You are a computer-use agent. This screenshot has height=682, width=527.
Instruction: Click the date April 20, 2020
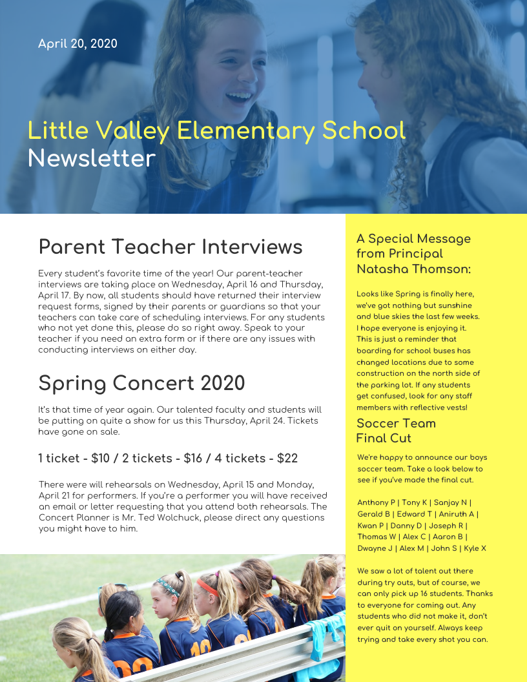click(77, 44)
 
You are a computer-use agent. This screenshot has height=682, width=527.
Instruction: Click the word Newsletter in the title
click(92, 158)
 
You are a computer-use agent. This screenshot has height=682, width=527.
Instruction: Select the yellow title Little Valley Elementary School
click(216, 130)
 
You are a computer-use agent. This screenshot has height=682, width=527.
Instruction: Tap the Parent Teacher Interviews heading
click(170, 247)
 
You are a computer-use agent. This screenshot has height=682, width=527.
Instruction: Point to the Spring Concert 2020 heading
click(141, 383)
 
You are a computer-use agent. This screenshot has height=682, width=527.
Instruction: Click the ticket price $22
click(287, 459)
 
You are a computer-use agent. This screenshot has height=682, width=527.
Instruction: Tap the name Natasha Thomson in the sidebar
click(413, 269)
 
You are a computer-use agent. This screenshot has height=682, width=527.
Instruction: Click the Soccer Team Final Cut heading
click(395, 431)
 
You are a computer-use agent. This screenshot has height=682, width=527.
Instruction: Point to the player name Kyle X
click(475, 548)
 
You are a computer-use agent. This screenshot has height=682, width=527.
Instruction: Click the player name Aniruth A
click(457, 514)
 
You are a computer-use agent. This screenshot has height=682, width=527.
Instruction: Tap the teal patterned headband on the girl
click(167, 586)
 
